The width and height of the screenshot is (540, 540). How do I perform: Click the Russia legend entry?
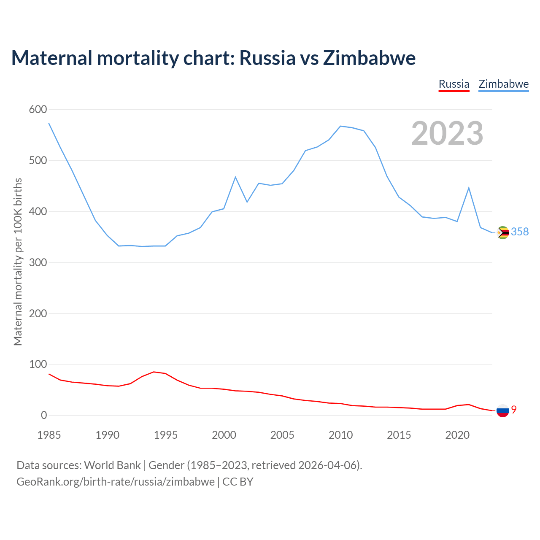point(454,84)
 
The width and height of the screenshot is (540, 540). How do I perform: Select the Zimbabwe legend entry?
point(503,84)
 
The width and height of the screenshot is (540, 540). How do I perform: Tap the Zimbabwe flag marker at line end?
point(503,232)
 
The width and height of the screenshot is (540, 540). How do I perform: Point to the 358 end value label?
point(520,232)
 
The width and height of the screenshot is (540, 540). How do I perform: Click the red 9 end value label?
point(514,409)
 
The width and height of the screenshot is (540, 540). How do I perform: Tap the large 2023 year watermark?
point(447,133)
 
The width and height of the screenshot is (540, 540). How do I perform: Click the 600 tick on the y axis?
point(38,110)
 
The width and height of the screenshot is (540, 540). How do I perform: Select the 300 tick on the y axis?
point(38,262)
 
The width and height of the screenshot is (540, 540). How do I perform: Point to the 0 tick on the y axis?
point(44,416)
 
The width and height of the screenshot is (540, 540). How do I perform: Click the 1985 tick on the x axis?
point(49,435)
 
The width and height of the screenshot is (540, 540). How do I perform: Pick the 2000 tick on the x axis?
point(224,435)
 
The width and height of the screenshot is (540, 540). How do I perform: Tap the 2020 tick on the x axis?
point(457,435)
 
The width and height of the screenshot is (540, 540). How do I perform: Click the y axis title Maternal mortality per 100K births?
point(18,262)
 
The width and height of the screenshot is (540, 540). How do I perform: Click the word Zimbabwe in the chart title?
point(369,58)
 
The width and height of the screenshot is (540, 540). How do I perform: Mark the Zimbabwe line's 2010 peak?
point(340,126)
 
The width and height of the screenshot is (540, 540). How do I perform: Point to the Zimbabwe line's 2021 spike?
point(469,188)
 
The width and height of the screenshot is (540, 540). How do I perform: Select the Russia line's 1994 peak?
point(154,372)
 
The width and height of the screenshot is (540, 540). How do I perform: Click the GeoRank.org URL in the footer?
point(115,481)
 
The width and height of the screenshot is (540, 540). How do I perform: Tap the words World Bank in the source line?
point(112,465)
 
